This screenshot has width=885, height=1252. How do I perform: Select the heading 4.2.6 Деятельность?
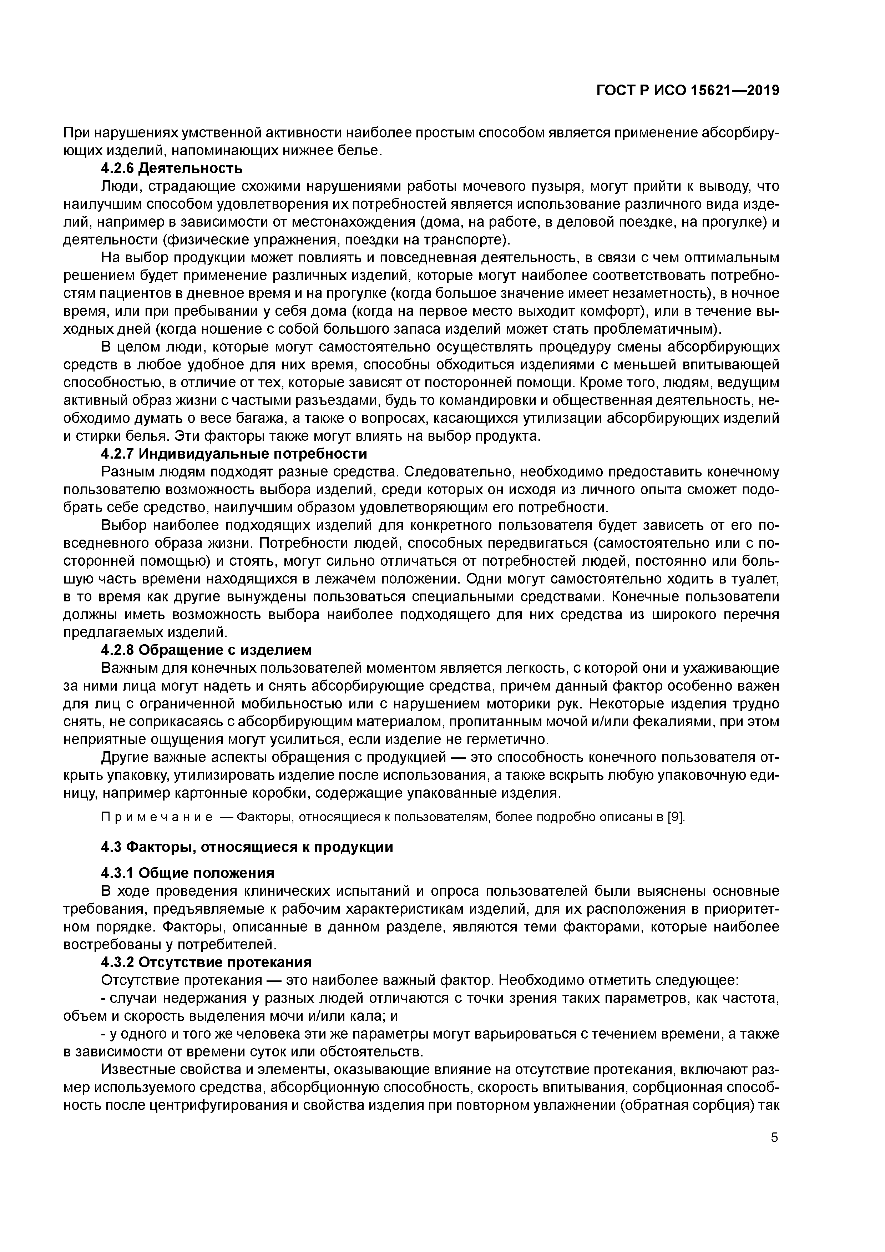point(172,168)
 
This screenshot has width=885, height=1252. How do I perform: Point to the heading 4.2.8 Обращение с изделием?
point(207,650)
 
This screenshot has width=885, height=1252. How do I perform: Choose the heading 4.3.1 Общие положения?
point(188,873)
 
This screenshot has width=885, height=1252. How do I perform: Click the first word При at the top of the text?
point(75,132)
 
